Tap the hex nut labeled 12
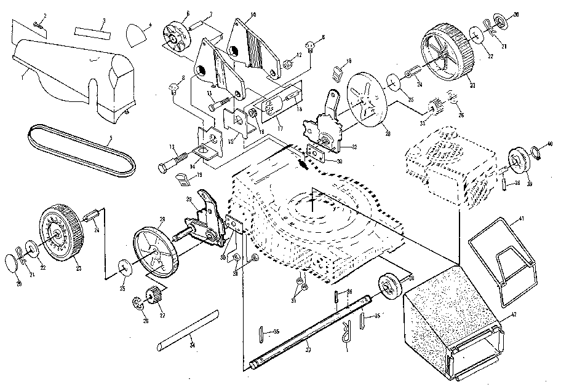287,63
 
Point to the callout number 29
188,198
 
